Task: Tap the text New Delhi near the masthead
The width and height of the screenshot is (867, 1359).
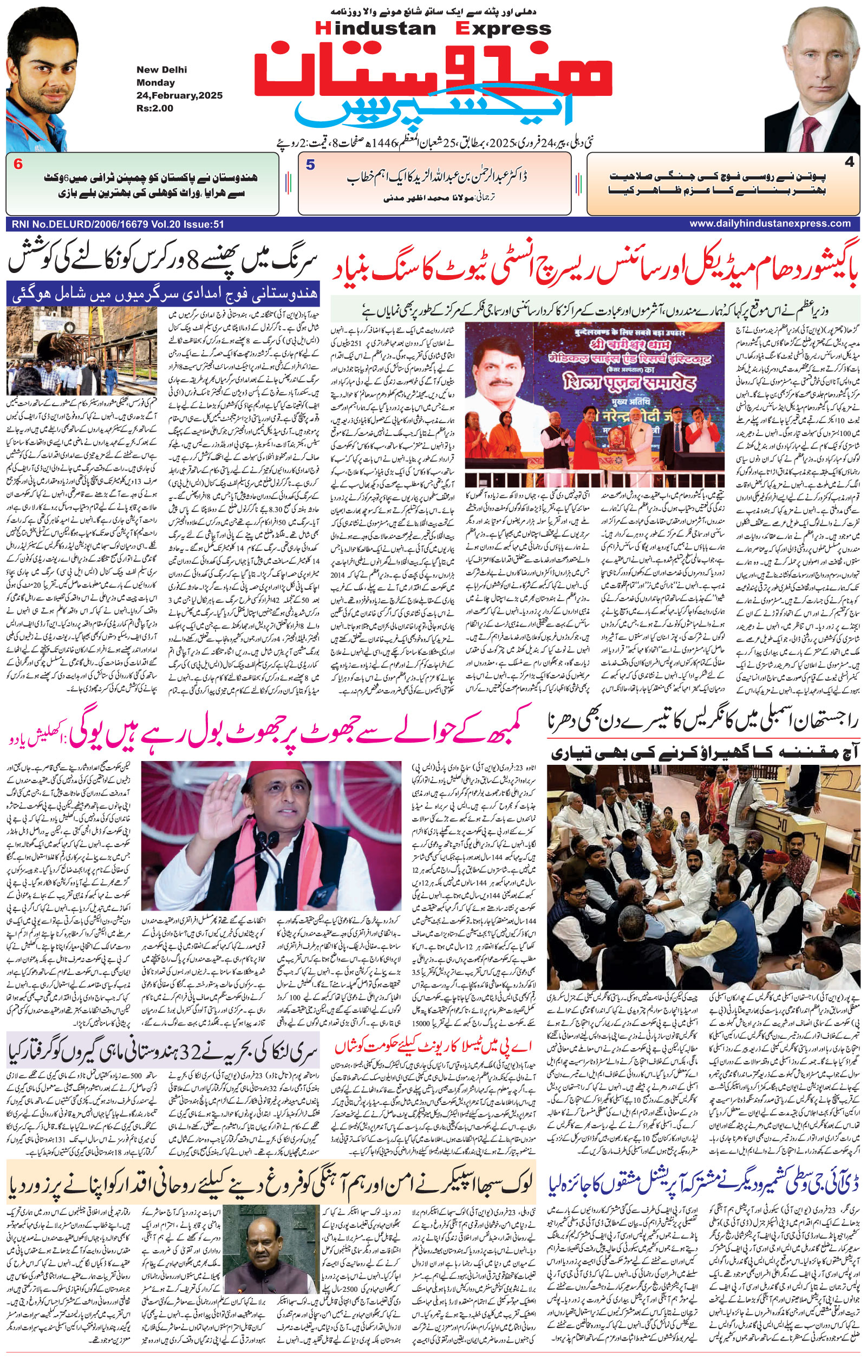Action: tap(161, 70)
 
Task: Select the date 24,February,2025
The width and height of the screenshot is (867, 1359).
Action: tap(179, 95)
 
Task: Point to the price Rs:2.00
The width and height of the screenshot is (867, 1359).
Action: tap(154, 108)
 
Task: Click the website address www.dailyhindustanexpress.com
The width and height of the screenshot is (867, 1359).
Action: tap(770, 224)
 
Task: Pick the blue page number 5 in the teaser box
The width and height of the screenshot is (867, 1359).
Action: tap(310, 165)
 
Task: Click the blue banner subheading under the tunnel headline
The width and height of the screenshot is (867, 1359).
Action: tap(163, 293)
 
